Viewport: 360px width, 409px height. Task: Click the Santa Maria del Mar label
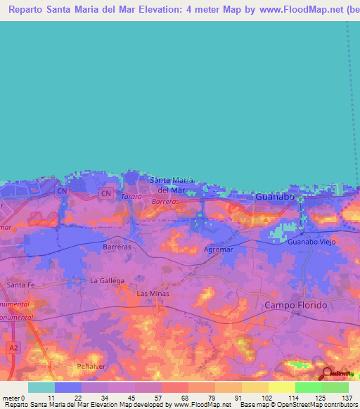pos(171,185)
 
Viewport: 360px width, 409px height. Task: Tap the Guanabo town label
pos(274,197)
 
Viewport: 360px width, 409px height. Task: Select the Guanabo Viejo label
pos(309,242)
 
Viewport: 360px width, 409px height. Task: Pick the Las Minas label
pos(153,293)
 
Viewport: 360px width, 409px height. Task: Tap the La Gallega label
pos(107,280)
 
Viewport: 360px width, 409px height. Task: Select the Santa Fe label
pos(20,285)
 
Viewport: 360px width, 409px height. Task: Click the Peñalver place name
pos(89,367)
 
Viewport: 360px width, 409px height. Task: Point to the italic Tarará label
pos(131,197)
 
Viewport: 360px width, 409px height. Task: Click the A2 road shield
pos(13,347)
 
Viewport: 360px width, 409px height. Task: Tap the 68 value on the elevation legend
pos(174,398)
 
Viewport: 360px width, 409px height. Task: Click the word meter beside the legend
pos(10,398)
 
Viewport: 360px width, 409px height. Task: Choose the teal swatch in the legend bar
pos(41,387)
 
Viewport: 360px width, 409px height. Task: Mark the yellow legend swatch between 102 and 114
pos(282,387)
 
